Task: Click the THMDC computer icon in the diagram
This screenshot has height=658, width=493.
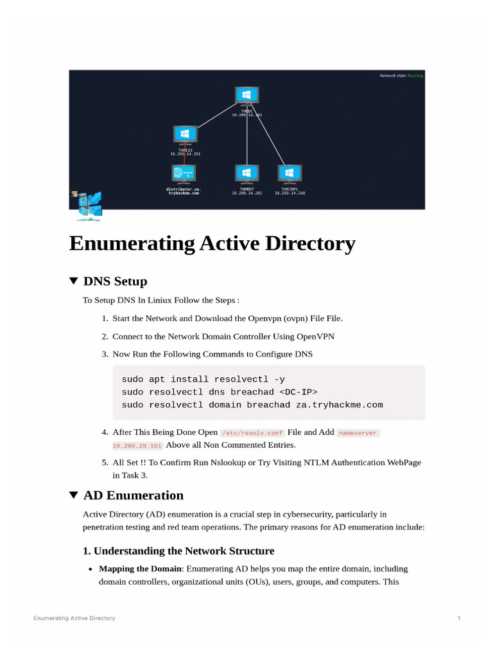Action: (x=246, y=95)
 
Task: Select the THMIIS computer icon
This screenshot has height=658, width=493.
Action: (x=185, y=134)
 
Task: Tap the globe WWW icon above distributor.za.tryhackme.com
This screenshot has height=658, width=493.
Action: (x=184, y=173)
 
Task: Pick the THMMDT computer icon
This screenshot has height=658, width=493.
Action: (x=246, y=173)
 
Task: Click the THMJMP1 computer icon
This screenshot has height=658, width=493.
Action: (x=290, y=173)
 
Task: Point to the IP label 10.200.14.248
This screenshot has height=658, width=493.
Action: (x=290, y=193)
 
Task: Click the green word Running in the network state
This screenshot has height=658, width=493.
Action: (x=415, y=75)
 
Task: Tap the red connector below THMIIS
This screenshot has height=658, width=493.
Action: (x=185, y=160)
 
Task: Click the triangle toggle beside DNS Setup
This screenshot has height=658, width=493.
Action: (x=73, y=281)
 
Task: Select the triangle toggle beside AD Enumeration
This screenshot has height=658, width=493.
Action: (x=73, y=495)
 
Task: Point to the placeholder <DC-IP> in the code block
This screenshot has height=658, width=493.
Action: (x=298, y=392)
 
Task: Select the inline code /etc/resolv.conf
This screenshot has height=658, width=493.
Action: (x=252, y=433)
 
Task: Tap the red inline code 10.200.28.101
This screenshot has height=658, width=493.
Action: (x=137, y=445)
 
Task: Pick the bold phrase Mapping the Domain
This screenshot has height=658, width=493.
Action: (x=140, y=569)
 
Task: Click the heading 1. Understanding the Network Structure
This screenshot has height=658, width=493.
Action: (x=178, y=551)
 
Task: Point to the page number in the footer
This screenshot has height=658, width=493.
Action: (x=459, y=618)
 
